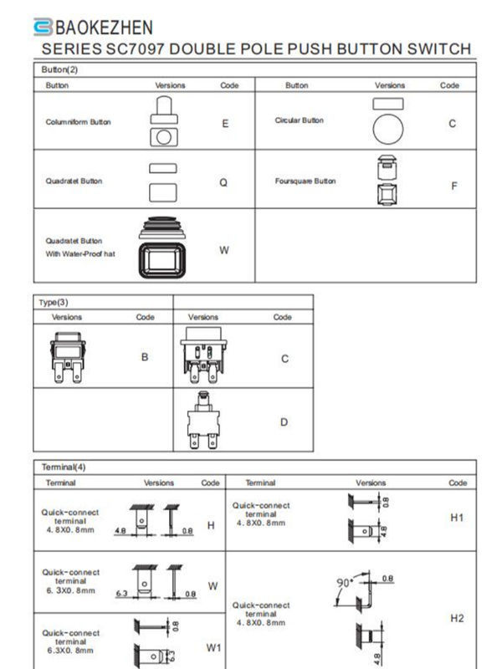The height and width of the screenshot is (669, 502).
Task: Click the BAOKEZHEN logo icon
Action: click(x=43, y=27)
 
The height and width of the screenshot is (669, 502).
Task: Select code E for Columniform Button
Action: click(x=225, y=123)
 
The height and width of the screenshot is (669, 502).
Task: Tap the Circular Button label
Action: click(x=299, y=120)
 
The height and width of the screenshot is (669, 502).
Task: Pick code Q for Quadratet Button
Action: click(x=223, y=181)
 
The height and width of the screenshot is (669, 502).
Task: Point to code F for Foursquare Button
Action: click(x=454, y=186)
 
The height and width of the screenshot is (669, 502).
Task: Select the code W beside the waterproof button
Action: click(x=224, y=250)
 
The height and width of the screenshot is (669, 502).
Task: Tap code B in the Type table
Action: click(x=145, y=357)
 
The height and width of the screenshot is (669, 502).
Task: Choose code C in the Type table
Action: click(x=284, y=359)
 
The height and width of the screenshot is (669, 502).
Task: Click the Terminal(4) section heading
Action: click(x=64, y=466)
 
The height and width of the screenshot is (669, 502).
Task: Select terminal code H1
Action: click(x=457, y=518)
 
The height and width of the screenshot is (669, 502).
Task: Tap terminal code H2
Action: click(x=457, y=618)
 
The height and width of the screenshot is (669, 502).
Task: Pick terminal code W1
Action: click(x=213, y=646)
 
